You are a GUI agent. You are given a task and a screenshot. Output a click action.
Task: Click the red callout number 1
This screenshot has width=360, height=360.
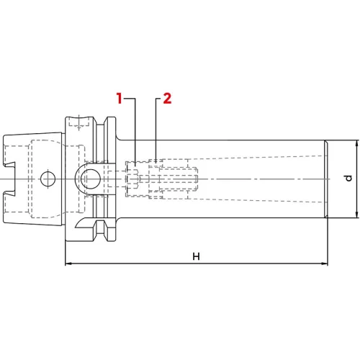(x=120, y=98)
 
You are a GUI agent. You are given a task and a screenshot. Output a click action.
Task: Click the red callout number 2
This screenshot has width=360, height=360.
(x=167, y=99)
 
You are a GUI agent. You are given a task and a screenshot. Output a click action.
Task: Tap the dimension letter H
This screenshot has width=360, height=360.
(x=196, y=256)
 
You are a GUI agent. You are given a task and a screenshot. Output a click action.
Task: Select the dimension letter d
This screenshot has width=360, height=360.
(x=348, y=179)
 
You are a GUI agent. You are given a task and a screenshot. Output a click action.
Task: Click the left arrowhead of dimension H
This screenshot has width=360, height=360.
(x=68, y=264)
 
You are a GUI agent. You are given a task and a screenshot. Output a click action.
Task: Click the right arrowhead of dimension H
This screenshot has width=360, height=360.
(x=325, y=264)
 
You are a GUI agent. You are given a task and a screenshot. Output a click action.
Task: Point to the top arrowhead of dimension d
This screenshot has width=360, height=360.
(x=357, y=143)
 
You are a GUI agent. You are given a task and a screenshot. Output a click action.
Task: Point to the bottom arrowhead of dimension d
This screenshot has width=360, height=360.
(x=357, y=215)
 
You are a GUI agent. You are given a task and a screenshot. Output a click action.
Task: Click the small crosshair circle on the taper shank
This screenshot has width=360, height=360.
(x=48, y=179)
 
